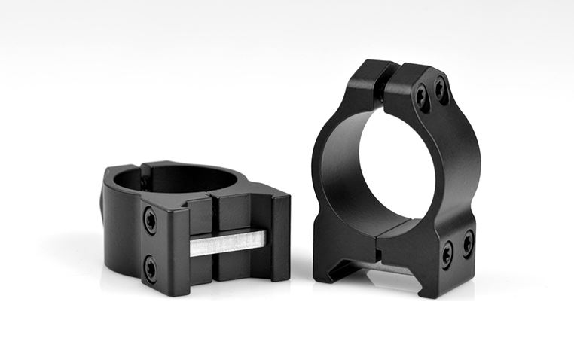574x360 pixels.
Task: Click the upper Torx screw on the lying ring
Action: [x=151, y=220]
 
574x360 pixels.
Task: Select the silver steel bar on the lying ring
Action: [x=226, y=243]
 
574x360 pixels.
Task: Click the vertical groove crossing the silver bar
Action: [x=210, y=243]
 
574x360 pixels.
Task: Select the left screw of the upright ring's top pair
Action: [x=423, y=96]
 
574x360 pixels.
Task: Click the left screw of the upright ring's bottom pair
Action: [x=447, y=254]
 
